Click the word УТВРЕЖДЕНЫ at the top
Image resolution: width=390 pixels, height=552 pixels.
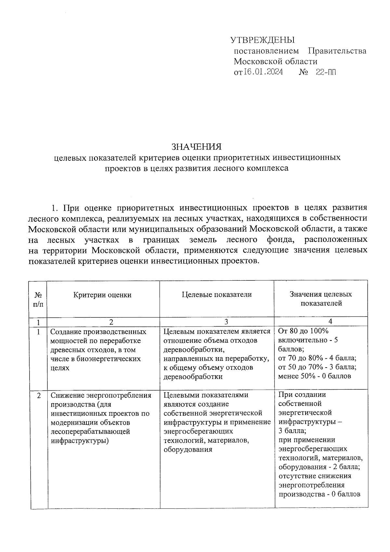click(x=262, y=40)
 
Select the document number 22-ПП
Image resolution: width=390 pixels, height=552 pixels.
click(x=326, y=72)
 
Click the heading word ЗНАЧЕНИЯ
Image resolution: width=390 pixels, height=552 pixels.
click(x=197, y=147)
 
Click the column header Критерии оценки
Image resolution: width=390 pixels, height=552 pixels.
click(x=102, y=295)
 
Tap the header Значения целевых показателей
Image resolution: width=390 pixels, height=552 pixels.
click(x=321, y=299)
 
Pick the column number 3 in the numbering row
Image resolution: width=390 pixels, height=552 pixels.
click(x=226, y=322)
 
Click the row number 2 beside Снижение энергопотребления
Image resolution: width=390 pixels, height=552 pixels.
click(x=39, y=396)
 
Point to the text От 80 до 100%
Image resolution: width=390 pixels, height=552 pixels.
click(x=303, y=331)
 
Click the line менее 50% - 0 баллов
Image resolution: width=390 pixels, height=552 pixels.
click(x=315, y=376)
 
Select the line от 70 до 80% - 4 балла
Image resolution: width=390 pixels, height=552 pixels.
click(x=317, y=358)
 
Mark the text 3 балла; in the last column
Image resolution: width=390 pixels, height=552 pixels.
click(x=292, y=431)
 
